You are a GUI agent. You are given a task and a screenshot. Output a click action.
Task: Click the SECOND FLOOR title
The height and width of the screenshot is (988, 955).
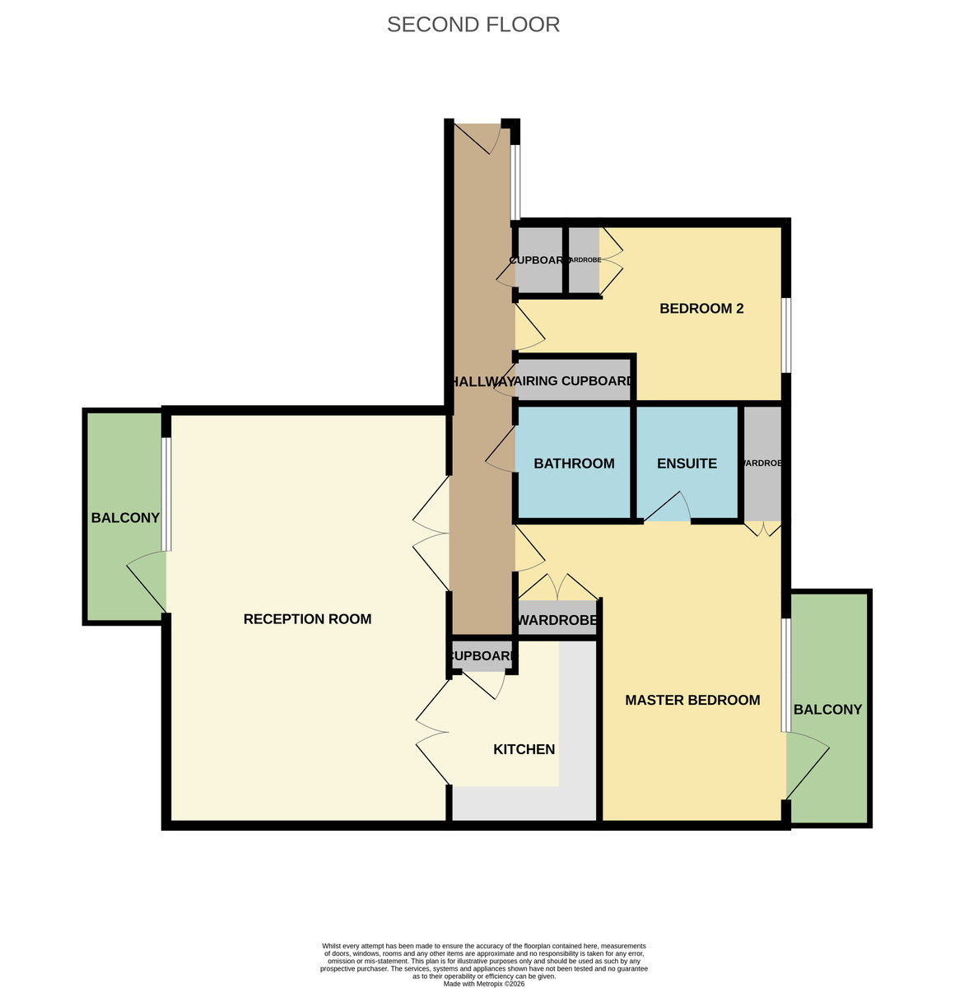click(x=473, y=25)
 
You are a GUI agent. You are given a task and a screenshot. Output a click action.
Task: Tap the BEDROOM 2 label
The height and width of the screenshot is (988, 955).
click(x=701, y=309)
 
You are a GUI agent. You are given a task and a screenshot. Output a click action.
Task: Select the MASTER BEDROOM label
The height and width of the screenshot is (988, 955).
click(x=692, y=701)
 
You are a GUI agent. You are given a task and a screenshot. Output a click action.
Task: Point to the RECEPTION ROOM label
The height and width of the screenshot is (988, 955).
click(x=307, y=619)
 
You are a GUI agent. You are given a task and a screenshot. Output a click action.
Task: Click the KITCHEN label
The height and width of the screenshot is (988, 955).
click(x=524, y=750)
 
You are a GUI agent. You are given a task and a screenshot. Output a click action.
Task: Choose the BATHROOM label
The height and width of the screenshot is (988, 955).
click(x=574, y=464)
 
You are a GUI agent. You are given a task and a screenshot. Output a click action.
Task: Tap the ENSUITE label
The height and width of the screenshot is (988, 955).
click(x=687, y=464)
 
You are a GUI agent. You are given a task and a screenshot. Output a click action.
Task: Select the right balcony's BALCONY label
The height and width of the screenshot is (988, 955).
click(x=827, y=710)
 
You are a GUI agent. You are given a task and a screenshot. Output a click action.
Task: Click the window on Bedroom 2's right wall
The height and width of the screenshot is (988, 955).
click(x=786, y=334)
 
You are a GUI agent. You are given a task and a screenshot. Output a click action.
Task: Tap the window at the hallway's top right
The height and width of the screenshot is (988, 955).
click(x=515, y=183)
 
